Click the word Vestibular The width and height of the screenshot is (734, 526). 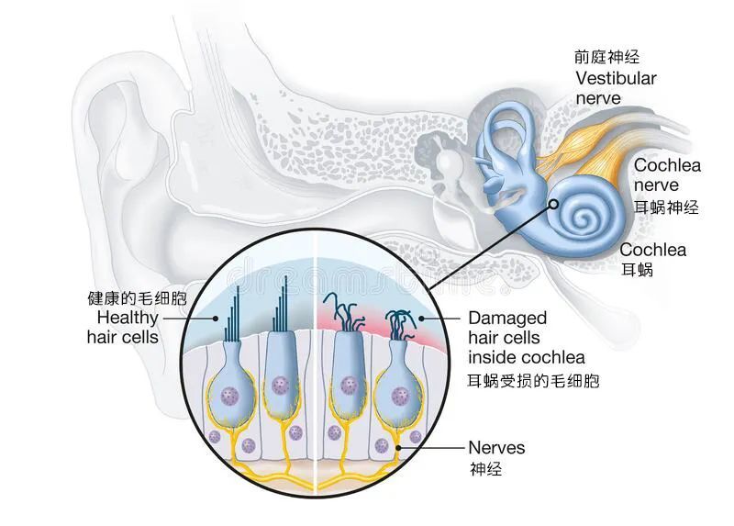[616, 78]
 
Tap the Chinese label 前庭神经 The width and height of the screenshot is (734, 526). [607, 57]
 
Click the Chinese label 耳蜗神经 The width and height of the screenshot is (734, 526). [667, 207]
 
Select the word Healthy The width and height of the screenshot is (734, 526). [128, 318]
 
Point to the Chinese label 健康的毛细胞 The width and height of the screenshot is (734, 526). [137, 298]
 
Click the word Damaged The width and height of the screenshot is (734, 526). [507, 318]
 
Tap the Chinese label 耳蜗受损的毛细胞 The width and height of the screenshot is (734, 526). [533, 380]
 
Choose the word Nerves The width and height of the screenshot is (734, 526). [496, 447]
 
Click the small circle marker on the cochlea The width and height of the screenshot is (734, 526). [554, 204]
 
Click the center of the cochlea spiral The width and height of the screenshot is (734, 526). [584, 217]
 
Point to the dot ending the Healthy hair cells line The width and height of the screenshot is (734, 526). [216, 318]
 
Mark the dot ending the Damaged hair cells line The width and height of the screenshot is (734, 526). [421, 319]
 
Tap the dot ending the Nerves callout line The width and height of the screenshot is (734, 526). [398, 448]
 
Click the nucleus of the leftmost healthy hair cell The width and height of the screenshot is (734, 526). [230, 396]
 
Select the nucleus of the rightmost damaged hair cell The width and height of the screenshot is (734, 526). [400, 397]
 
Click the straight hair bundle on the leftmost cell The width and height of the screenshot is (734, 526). [233, 313]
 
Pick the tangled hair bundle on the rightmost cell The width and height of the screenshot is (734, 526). [401, 324]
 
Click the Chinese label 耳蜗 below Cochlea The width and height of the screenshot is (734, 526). [637, 270]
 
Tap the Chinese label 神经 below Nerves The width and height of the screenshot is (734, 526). [485, 469]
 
